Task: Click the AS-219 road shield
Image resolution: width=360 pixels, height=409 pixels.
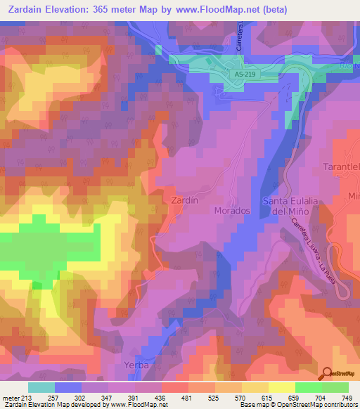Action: (x=244, y=74)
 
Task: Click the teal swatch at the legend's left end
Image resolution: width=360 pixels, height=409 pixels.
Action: (x=41, y=387)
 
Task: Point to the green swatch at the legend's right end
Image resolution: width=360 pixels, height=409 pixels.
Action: (x=335, y=387)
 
